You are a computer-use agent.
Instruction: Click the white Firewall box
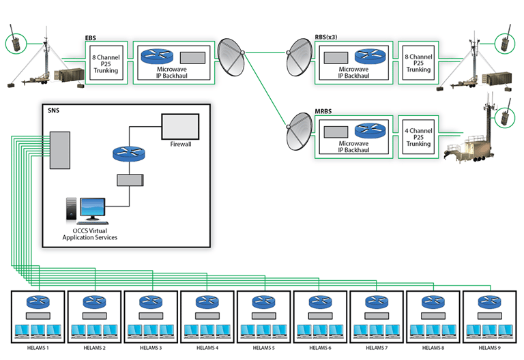click(x=179, y=126)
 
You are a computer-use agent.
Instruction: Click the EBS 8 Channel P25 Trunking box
click(x=106, y=62)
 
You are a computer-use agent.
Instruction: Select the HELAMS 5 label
click(x=263, y=348)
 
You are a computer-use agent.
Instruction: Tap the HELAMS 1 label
click(x=38, y=348)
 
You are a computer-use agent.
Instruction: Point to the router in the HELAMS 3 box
click(x=150, y=302)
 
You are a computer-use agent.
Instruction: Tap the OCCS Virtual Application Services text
click(x=90, y=234)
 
